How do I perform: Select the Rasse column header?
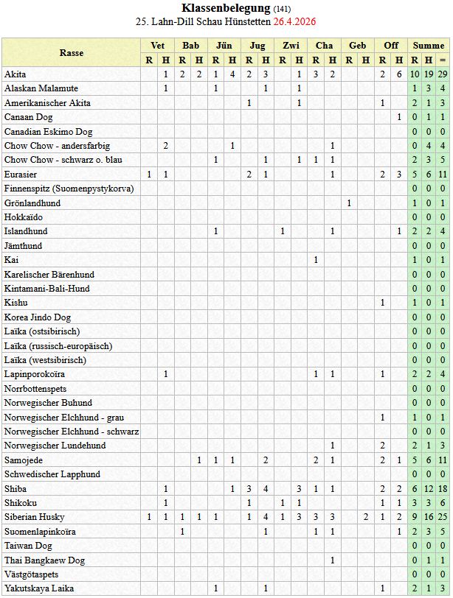72,53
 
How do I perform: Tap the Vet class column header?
157,46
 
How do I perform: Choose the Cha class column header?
324,46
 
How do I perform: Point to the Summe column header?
429,46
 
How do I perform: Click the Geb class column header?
358,46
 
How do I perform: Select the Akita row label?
15,74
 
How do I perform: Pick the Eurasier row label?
21,175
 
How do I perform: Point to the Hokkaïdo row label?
24,217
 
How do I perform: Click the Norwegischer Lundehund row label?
55,446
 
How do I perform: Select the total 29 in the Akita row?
443,74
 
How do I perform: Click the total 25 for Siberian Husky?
443,517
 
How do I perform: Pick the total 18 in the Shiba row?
443,488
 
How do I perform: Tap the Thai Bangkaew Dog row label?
44,560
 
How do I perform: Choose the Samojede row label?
24,460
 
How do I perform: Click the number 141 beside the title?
282,9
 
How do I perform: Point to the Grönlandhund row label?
32,203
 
